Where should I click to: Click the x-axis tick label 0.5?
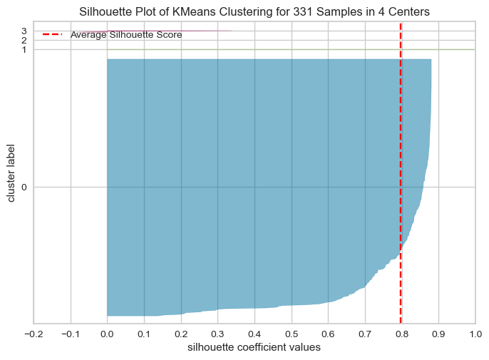291,334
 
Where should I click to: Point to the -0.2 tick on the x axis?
34,334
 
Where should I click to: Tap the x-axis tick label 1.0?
475,334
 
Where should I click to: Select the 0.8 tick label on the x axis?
401,334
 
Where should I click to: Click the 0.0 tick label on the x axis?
107,334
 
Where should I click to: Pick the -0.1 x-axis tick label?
70,334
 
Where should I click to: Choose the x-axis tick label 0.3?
217,334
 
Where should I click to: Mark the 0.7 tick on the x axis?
365,334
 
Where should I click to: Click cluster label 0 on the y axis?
24,187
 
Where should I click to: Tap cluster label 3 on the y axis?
24,31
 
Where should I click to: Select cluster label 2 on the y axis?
24,40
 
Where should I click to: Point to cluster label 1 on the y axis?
24,49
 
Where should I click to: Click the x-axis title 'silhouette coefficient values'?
254,348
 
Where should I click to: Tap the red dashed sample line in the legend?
53,34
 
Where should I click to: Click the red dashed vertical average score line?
401,178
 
